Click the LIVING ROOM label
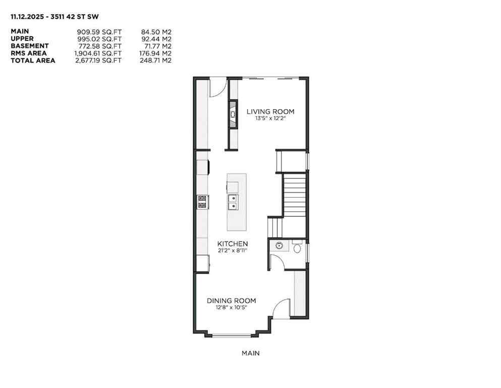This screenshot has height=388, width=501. coord(270,112)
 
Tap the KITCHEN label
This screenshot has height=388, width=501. coord(233,244)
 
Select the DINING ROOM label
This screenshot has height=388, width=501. coord(231,301)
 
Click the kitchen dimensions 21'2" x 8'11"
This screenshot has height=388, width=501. coord(233,250)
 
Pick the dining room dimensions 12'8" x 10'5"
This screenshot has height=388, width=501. coord(231,308)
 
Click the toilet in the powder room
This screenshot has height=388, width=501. coord(297,248)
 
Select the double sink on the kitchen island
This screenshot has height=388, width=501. coord(233,202)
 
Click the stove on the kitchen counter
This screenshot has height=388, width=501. coord(202,202)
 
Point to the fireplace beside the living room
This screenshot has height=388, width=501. coord(233,115)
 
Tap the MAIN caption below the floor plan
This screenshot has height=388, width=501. coord(250,354)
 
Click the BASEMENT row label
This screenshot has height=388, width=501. coord(30,46)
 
